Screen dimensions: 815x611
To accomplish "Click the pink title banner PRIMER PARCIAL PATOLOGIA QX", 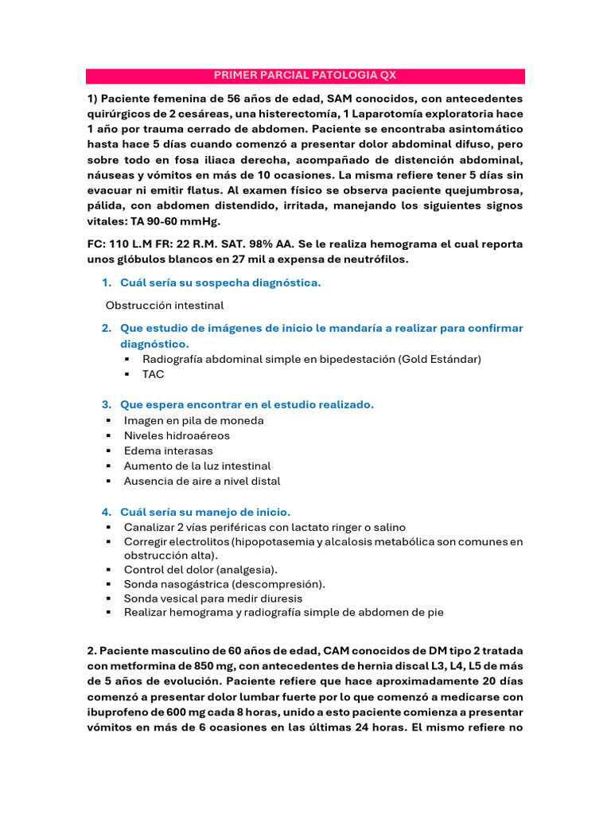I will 305,76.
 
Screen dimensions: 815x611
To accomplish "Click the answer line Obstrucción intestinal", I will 165,305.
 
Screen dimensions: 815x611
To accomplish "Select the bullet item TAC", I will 153,374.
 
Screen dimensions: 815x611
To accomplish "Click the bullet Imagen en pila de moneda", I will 193,420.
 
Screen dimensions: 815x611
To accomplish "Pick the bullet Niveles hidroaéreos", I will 177,435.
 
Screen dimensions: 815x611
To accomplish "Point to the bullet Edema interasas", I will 168,450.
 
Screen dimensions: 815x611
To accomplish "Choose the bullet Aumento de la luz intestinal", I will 197,466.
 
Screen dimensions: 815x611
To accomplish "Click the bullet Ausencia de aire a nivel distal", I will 202,481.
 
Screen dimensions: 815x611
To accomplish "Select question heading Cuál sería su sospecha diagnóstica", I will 220,283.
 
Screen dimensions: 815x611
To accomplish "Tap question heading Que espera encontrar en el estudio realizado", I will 247,404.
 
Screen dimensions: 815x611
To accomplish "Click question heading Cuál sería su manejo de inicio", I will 205,512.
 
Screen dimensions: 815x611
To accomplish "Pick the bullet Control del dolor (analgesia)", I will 201,570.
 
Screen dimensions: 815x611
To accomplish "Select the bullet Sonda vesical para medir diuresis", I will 213,598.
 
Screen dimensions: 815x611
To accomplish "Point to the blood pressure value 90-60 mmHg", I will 180,221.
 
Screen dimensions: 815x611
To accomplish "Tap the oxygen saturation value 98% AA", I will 271,244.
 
